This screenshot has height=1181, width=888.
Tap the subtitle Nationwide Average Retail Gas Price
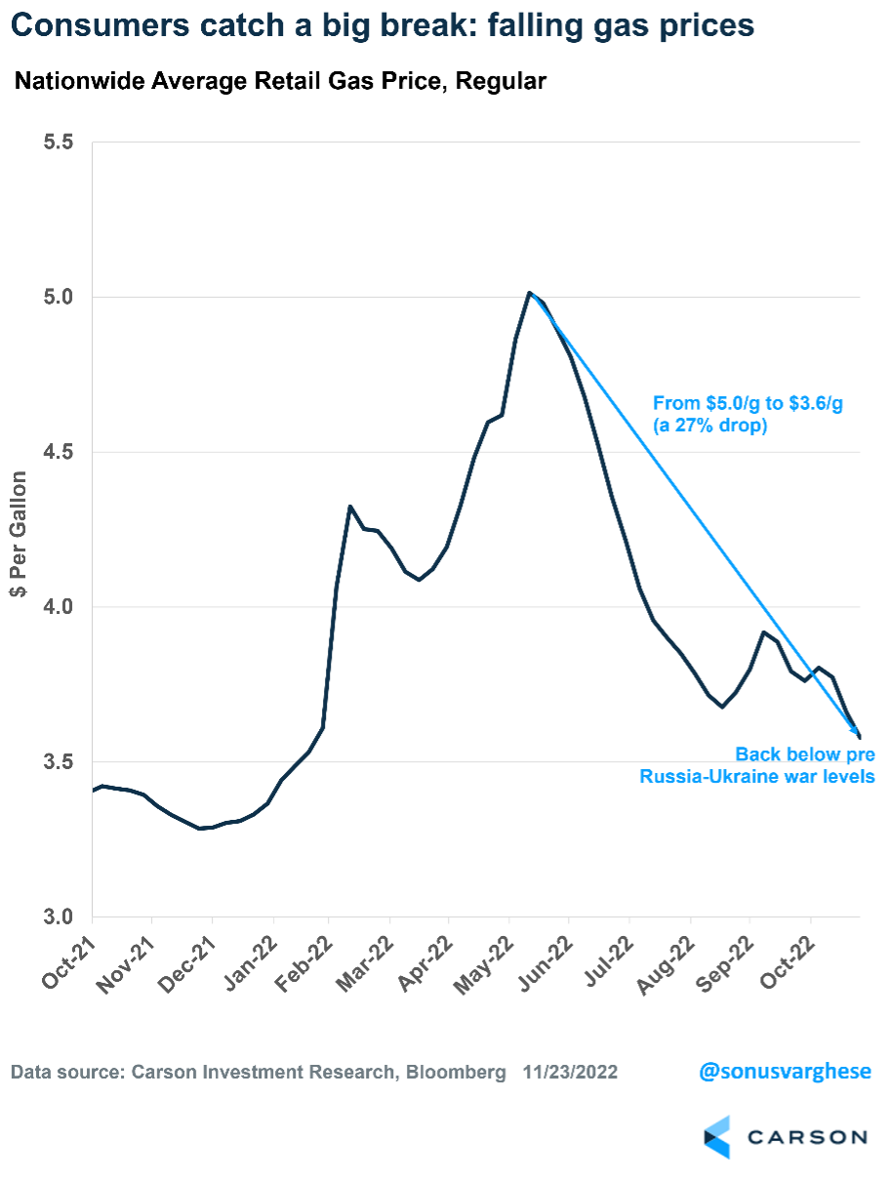pos(279,82)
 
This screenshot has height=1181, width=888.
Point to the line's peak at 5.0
pos(529,293)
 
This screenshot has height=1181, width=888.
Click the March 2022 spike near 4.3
pos(349,507)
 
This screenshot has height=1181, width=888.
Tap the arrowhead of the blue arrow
pos(856,731)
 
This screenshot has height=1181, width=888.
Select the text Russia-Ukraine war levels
pos(757,777)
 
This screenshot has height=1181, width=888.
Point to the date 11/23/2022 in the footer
pos(570,1073)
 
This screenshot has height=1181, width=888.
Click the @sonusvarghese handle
pos(785,1072)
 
